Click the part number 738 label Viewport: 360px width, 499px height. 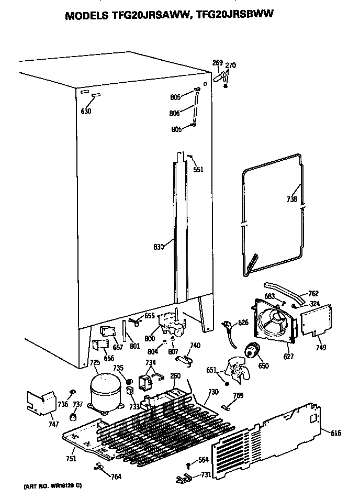tap(292, 199)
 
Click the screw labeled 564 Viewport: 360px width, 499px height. tap(188, 464)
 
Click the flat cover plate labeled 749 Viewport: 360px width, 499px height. tap(316, 320)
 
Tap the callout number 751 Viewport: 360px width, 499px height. tap(71, 459)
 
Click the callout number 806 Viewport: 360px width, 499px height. tap(175, 113)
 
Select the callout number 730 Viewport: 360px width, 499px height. tap(213, 392)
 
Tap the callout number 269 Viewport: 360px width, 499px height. tap(218, 63)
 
